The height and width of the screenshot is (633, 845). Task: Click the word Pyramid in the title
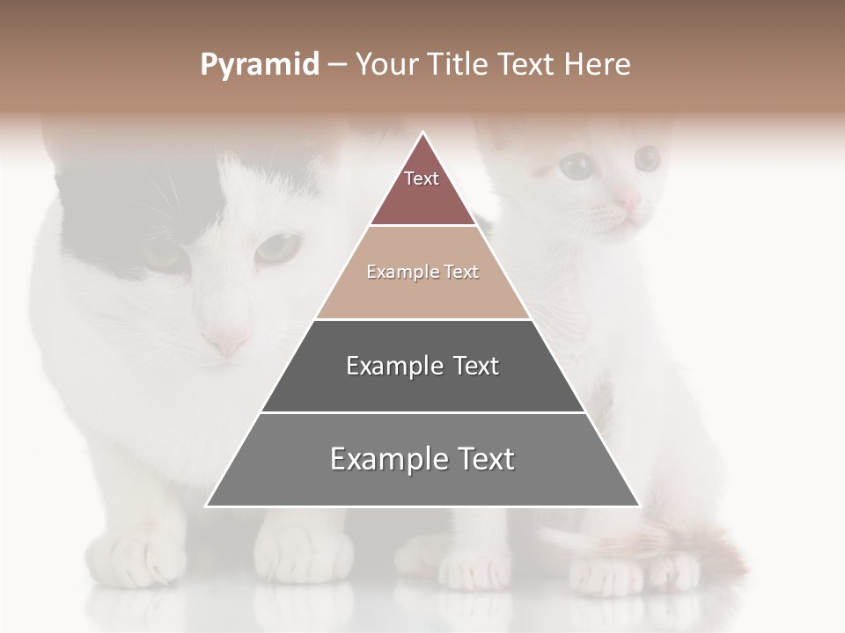[x=260, y=65]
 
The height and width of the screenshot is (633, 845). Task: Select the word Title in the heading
[x=460, y=65]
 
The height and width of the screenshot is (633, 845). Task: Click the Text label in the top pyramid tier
[x=422, y=178]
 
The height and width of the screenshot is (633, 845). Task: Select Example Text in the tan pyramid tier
[x=422, y=273]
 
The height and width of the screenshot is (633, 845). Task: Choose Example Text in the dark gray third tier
[x=422, y=366]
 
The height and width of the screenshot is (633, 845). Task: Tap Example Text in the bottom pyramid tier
[x=422, y=459]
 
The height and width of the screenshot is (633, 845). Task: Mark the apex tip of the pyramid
[x=423, y=133]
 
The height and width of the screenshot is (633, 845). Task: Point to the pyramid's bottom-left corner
[x=207, y=506]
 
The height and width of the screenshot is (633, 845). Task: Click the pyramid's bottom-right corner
[x=639, y=506]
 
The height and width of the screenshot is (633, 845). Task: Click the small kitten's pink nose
[x=627, y=200]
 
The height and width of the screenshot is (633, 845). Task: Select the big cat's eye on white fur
[x=278, y=246]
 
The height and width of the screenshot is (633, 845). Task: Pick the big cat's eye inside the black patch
[x=164, y=252]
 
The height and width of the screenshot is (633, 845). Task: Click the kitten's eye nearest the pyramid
[x=576, y=165]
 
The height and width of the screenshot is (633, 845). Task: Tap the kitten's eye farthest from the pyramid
[x=647, y=158]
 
